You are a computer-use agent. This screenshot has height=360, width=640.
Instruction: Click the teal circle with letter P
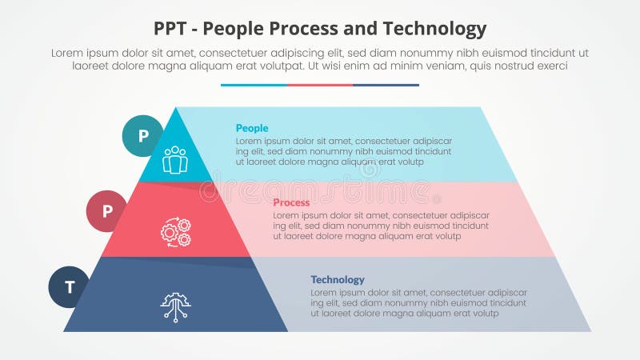click(x=142, y=135)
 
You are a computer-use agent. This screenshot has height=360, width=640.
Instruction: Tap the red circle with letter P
click(x=106, y=211)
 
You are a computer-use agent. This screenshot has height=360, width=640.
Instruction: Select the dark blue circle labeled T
click(x=69, y=286)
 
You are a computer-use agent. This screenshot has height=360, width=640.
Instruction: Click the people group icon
click(x=174, y=160)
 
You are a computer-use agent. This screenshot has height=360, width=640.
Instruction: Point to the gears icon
click(x=175, y=232)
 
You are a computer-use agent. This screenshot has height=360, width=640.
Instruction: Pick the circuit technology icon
click(x=175, y=306)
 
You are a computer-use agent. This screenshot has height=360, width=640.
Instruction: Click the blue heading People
click(x=252, y=128)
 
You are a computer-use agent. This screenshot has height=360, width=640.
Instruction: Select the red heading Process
click(x=291, y=202)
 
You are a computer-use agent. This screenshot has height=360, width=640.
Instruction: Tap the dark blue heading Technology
click(x=337, y=279)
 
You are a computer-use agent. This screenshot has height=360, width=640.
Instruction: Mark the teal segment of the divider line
click(x=254, y=85)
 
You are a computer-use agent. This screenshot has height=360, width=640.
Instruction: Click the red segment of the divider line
click(x=320, y=85)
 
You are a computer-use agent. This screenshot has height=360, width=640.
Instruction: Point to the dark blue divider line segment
click(x=386, y=85)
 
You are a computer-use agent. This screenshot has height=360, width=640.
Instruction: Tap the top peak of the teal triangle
click(x=175, y=109)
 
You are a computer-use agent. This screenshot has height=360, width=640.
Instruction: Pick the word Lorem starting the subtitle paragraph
click(x=67, y=53)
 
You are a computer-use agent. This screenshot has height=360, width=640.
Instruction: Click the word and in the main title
click(x=369, y=30)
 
